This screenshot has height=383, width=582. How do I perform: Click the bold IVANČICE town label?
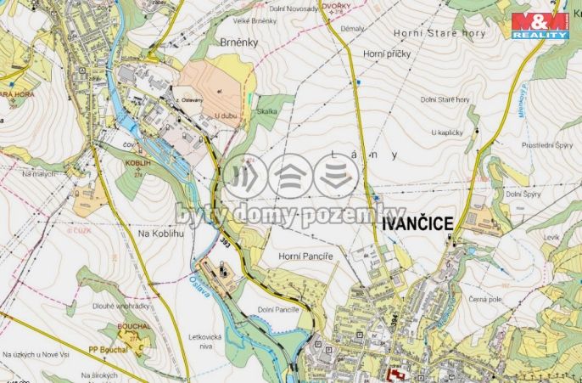[418, 222]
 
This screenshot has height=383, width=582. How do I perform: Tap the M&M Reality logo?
[540, 25]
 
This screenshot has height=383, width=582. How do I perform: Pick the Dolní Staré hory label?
[445, 99]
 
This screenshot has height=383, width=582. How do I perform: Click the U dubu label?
[225, 115]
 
